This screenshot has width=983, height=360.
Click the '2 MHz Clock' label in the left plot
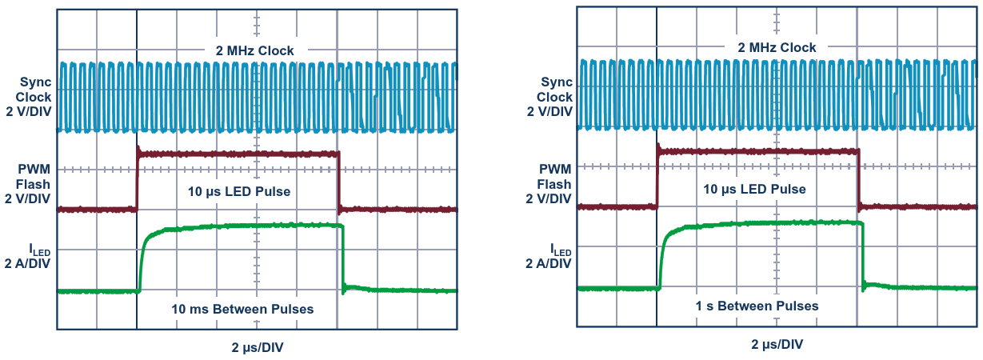(254, 51)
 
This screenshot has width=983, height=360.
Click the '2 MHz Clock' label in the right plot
(777, 47)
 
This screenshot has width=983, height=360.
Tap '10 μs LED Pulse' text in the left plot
(239, 191)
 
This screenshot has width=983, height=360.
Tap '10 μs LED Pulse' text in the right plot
(754, 190)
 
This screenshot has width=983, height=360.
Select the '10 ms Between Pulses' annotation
(242, 309)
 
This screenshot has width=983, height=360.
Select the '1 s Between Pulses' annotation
(757, 306)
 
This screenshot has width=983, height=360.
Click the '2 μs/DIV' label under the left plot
(258, 347)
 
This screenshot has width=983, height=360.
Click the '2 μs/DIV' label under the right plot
(777, 344)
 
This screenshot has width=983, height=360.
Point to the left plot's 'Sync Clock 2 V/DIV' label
(29, 97)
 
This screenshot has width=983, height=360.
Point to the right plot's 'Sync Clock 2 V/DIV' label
(549, 97)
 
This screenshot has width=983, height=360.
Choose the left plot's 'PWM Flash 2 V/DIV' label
(28, 184)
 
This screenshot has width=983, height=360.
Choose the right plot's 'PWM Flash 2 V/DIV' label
(549, 184)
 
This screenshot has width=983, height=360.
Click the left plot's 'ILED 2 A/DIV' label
(28, 256)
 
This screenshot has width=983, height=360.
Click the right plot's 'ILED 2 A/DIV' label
(549, 256)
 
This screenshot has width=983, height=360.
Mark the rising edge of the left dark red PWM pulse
(138, 180)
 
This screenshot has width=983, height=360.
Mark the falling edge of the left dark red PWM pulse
(339, 182)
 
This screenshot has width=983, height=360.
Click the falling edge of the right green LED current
(863, 256)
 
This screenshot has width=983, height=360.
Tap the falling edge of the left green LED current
(343, 259)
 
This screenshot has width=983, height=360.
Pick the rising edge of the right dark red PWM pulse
(657, 178)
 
